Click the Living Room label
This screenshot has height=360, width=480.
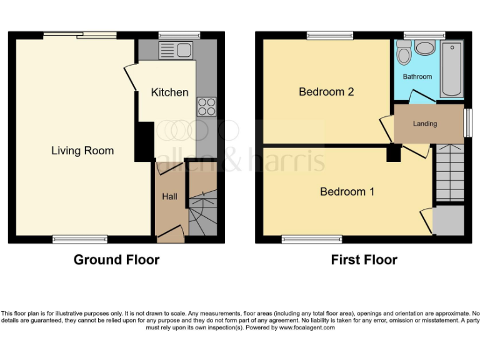tap(82, 151)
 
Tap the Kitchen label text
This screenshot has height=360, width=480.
tap(169, 92)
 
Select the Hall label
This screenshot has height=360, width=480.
tap(169, 196)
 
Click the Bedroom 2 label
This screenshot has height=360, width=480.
tap(326, 92)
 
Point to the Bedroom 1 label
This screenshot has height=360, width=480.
tap(347, 192)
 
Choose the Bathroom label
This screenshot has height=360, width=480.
tap(417, 77)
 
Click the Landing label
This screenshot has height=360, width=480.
tap(424, 124)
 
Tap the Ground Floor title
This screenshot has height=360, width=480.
tap(116, 259)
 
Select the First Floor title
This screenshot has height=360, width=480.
tap(364, 259)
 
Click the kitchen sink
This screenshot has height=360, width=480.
tap(176, 50)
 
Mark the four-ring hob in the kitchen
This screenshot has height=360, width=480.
tap(206, 107)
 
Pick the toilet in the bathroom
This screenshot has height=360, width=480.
tap(404, 54)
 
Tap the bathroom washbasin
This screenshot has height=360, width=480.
tap(426, 47)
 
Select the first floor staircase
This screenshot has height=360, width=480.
tap(449, 172)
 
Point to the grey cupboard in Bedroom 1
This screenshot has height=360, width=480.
tap(448, 220)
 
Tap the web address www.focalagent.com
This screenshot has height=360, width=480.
tap(307, 327)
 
